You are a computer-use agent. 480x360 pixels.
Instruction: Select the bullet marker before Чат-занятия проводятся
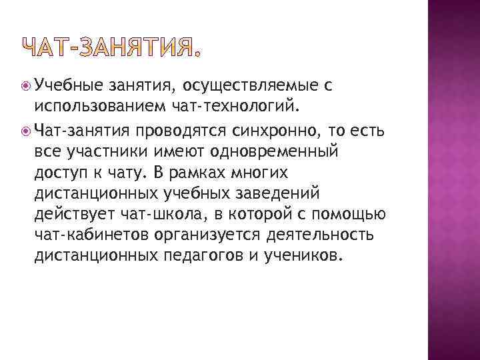pyautogui.click(x=25, y=129)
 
